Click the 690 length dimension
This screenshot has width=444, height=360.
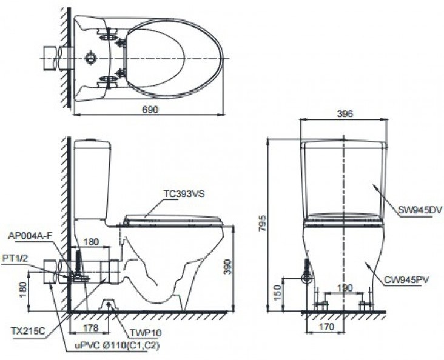(x=150, y=109)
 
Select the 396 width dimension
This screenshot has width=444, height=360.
(x=344, y=113)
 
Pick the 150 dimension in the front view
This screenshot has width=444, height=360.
(x=277, y=291)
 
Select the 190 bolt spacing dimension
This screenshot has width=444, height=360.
(x=345, y=288)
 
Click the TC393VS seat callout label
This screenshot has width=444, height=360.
(x=183, y=194)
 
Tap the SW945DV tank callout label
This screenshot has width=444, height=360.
(x=420, y=210)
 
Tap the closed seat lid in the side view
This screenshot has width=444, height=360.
(x=171, y=218)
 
